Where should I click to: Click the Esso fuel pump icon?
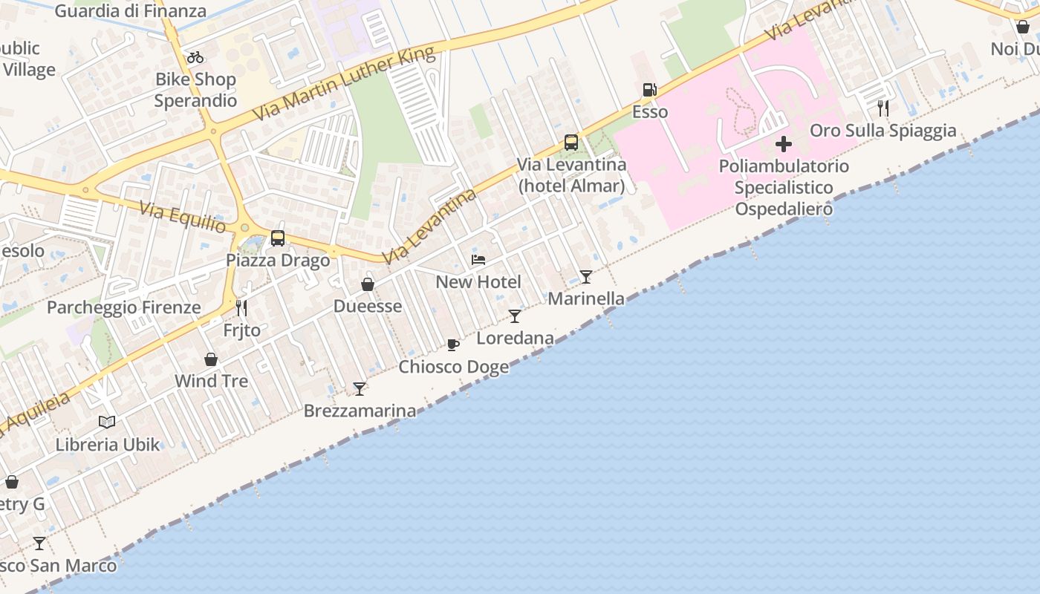tap(649, 90)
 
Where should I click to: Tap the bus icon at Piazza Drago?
tap(278, 238)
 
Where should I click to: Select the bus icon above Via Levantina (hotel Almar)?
tap(571, 143)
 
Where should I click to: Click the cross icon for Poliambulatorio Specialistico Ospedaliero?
tap(784, 144)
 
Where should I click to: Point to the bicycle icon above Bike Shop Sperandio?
tap(195, 57)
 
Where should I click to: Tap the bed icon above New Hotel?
tap(478, 260)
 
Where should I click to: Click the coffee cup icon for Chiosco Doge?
tap(453, 345)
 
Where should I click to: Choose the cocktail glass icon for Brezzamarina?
tap(360, 388)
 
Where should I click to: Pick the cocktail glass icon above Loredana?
tap(515, 316)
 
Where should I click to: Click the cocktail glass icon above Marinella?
tap(586, 277)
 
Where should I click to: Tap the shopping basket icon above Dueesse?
tap(368, 284)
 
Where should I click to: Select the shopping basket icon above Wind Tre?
tap(211, 359)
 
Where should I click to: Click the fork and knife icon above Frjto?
tap(241, 307)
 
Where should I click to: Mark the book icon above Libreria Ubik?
tap(107, 422)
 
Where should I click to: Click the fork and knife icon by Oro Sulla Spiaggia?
tap(883, 108)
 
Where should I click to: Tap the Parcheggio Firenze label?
tap(124, 307)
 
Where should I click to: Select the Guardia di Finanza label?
tap(131, 11)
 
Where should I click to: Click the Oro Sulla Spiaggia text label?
tap(883, 131)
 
